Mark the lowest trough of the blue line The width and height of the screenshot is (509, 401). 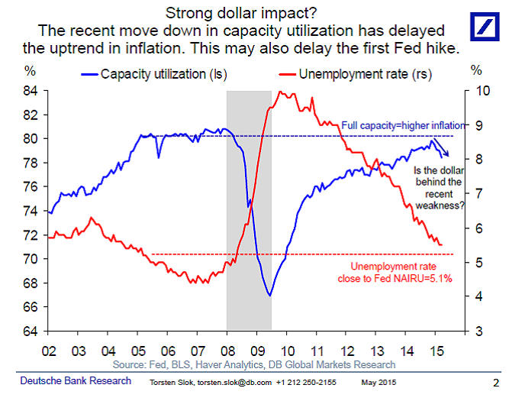click(269, 295)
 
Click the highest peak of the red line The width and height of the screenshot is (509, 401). click(282, 92)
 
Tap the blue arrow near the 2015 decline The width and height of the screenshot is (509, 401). click(443, 150)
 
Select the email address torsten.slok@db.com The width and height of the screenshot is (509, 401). click(227, 382)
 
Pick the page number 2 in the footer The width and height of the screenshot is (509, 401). click(495, 382)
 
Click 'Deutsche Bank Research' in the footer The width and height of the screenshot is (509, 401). click(76, 381)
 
